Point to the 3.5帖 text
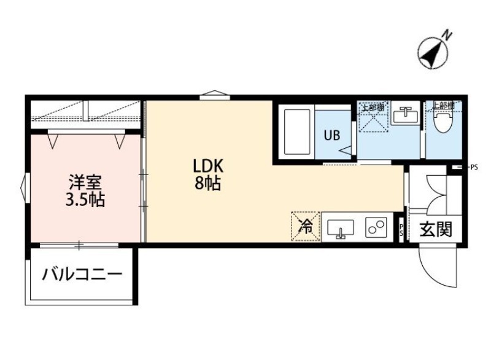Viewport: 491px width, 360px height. click(x=85, y=199)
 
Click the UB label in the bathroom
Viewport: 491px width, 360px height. click(x=331, y=136)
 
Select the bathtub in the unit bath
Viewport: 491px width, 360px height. click(x=298, y=132)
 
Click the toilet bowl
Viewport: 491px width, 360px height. click(x=441, y=123)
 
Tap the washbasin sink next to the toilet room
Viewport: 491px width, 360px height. click(x=406, y=115)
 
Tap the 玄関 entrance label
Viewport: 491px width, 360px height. click(x=436, y=230)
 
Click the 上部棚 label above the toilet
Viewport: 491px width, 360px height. click(x=443, y=106)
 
